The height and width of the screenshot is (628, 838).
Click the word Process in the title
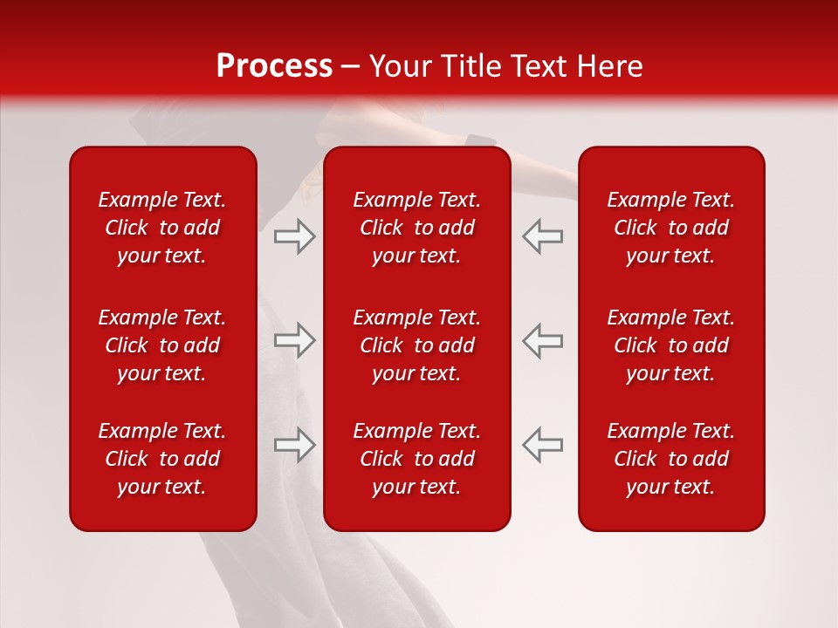coord(274,66)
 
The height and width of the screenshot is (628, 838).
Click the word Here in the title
coord(608,66)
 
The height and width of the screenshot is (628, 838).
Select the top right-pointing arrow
coord(295,236)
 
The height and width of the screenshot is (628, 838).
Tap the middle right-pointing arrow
coord(295,340)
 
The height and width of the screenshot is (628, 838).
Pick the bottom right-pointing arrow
coord(295,445)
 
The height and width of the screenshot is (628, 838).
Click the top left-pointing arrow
coord(542,236)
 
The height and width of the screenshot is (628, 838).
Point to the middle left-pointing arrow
coord(542,340)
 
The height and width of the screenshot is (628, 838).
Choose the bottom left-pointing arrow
coord(542,445)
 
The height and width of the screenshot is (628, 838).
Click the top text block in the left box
coord(162,228)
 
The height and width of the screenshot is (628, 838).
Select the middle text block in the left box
coord(162,345)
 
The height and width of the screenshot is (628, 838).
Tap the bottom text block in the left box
coord(162,459)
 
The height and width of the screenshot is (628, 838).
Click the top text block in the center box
coord(416,228)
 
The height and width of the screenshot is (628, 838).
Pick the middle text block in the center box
coord(416,345)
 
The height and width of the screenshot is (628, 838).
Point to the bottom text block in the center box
coord(416,459)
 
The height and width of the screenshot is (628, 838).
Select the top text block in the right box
coord(670,228)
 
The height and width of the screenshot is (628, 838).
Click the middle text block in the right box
coord(670,345)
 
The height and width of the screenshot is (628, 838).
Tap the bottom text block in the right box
coord(670,459)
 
